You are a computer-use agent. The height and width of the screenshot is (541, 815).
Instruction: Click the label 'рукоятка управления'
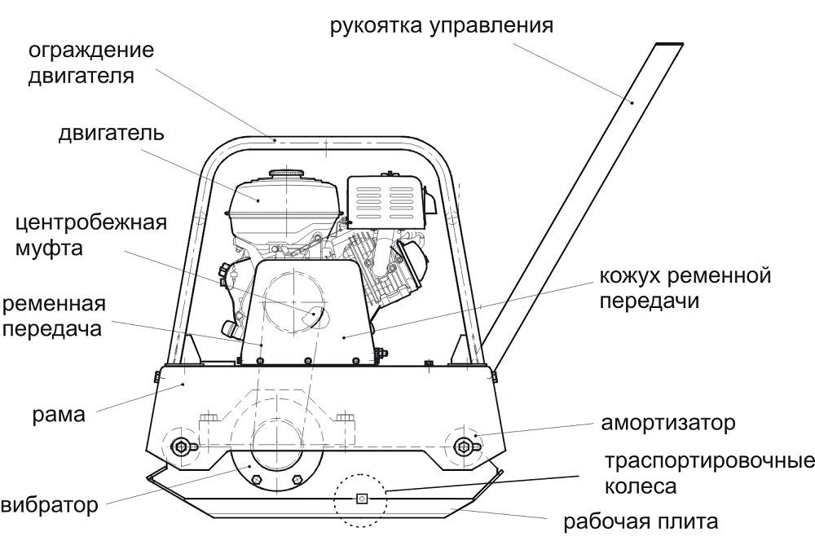(441, 24)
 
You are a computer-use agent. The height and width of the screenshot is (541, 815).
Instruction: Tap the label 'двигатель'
(111, 133)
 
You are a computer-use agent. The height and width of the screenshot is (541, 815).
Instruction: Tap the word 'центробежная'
(91, 222)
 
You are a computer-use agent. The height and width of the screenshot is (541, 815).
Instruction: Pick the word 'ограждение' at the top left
(91, 51)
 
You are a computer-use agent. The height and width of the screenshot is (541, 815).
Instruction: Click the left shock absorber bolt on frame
(181, 444)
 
